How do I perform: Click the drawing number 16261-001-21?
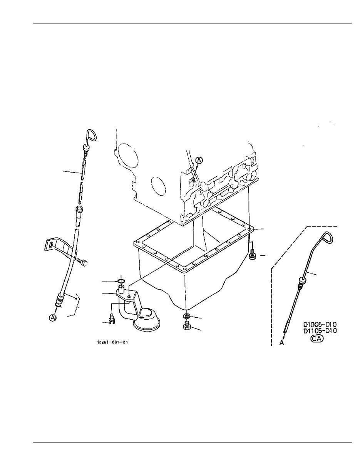(x=112, y=342)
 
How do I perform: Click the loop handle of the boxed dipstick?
(x=328, y=238)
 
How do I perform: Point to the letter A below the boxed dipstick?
(x=281, y=342)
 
